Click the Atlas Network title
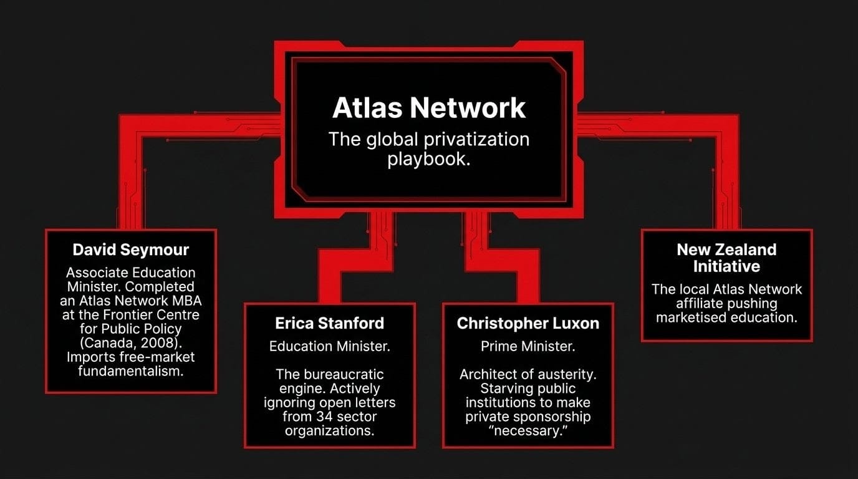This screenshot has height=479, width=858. [429, 107]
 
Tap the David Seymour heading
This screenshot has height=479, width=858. [131, 250]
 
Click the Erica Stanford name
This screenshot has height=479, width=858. [329, 323]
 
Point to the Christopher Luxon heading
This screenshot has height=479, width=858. [528, 323]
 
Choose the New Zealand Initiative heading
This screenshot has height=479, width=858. [726, 258]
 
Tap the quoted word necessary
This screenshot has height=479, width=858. [528, 431]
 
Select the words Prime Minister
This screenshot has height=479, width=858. [528, 346]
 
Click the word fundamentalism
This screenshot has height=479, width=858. [131, 371]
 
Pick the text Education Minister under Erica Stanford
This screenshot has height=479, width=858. [329, 346]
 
